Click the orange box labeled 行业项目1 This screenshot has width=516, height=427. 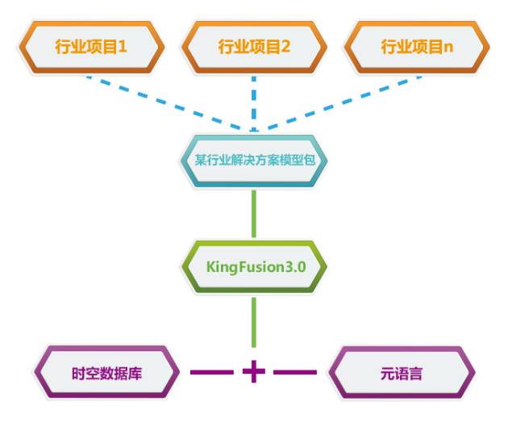(91, 46)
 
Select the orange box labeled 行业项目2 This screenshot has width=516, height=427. (254, 46)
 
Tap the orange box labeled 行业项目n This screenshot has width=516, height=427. (416, 46)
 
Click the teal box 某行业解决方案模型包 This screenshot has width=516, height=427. (254, 159)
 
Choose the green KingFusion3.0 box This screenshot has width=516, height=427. (254, 266)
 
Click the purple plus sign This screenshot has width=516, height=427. (254, 372)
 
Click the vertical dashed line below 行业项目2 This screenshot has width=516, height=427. (254, 101)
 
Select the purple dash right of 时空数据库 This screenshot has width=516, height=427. (211, 372)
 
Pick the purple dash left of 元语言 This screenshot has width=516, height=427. (295, 372)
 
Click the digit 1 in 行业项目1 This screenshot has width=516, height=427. (123, 46)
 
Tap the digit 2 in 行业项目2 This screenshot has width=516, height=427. (286, 46)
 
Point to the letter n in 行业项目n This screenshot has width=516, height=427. (448, 47)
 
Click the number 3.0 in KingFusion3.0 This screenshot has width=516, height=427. (295, 266)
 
